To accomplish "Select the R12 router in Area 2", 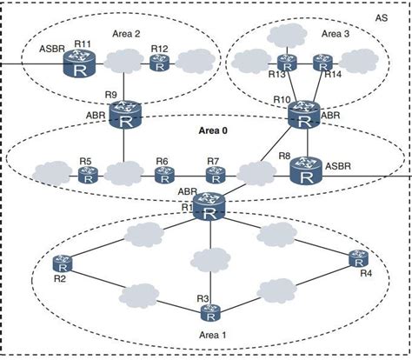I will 158,63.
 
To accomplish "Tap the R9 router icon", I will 125,115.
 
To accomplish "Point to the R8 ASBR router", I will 305,170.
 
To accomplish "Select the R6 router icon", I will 163,175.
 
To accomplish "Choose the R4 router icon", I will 356,257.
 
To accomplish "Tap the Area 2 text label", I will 127,33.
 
